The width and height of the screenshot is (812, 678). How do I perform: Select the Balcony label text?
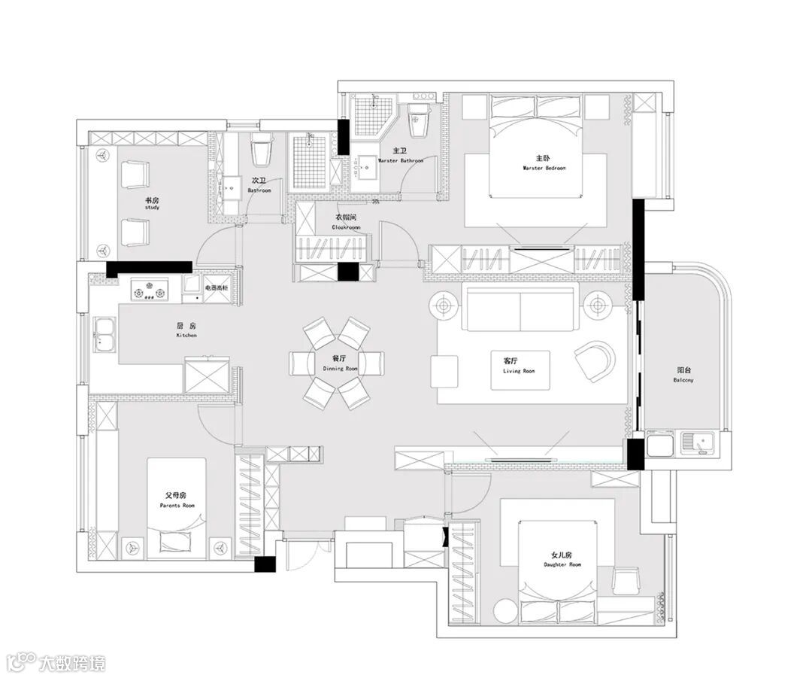pos(683,375)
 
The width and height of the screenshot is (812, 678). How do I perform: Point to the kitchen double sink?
pos(103,334)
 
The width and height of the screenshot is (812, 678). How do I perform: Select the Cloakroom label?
pos(347,221)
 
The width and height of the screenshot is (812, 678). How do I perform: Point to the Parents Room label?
pos(177,500)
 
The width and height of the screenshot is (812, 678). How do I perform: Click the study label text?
pos(152,203)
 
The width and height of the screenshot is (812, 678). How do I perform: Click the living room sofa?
pos(520,308)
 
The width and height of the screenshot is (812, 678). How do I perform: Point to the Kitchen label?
pos(186,330)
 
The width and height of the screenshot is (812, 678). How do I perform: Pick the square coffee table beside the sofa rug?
pos(444,370)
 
